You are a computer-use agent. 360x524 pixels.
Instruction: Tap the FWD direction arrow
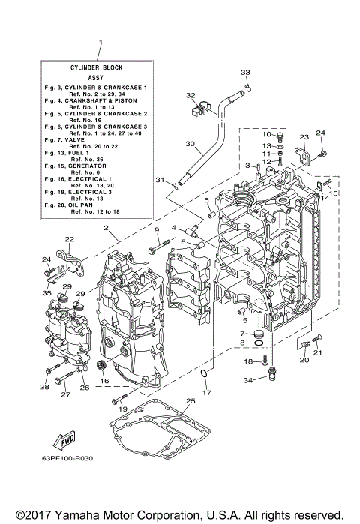pos(67,438)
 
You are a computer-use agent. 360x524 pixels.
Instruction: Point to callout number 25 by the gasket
pos(190,402)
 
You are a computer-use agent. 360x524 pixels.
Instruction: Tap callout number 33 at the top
pos(244,72)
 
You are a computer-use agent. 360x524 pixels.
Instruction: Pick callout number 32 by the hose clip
pos(190,96)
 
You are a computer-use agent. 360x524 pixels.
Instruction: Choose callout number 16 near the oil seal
pos(104,381)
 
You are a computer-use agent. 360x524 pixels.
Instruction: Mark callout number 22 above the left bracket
pos(68,239)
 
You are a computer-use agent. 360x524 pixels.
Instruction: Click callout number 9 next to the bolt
pos(157,229)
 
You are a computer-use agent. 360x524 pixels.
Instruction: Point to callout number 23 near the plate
pos(304,137)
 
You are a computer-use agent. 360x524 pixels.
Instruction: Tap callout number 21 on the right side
pos(317,352)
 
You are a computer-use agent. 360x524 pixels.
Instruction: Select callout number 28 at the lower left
pos(44,388)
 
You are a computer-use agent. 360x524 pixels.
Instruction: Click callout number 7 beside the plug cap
pos(242,333)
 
